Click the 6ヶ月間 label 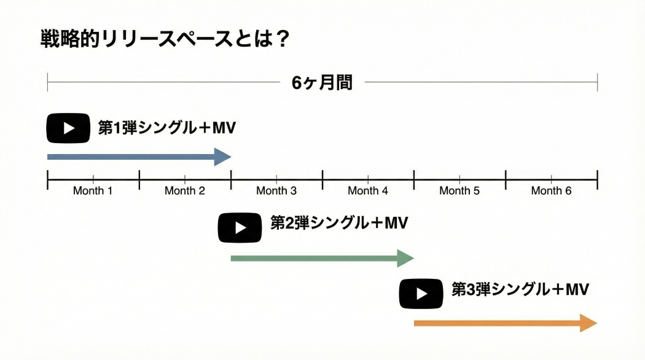(322, 83)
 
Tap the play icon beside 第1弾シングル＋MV (69, 128)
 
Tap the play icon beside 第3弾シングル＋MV (421, 294)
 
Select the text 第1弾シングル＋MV (167, 128)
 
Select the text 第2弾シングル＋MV (339, 223)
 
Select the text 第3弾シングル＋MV (520, 289)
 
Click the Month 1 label (93, 190)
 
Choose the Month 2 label (184, 190)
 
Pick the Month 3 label (276, 190)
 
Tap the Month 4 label (368, 190)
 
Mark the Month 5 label (459, 190)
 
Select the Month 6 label (551, 190)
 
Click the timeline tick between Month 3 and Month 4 (322, 179)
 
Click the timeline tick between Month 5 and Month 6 (506, 179)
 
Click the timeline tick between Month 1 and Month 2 (139, 179)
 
